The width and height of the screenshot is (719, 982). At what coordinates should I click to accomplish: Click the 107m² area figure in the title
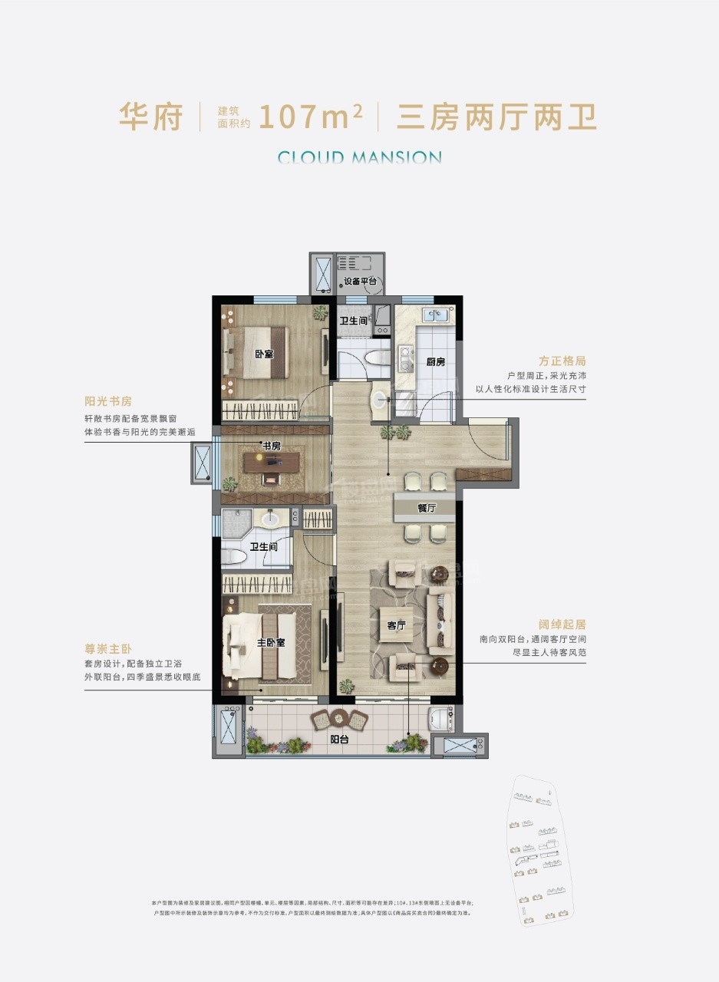point(311,117)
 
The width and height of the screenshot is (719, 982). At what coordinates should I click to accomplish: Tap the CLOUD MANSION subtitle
point(359,158)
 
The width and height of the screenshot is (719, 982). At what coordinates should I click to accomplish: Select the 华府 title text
point(150,117)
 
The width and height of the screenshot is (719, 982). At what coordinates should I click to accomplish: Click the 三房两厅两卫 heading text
point(496,117)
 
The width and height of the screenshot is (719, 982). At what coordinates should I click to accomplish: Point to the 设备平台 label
point(359,282)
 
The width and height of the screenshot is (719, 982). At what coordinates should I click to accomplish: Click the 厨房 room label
point(435,361)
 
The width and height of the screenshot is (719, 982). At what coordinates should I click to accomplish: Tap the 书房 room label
point(271,446)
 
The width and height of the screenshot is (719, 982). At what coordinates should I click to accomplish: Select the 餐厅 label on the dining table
point(427,508)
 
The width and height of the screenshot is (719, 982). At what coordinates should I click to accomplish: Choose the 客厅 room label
point(396,626)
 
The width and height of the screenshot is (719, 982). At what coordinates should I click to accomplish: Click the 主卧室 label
point(270,642)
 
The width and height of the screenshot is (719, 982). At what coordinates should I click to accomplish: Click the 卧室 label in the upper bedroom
point(264,354)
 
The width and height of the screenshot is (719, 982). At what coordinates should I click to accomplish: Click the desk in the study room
point(273,460)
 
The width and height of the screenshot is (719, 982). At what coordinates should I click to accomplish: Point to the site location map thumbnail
point(540,852)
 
